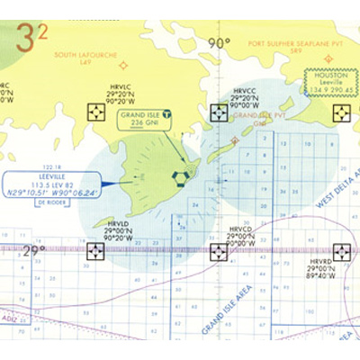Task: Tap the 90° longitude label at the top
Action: [219, 42]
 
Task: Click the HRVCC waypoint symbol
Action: [219, 112]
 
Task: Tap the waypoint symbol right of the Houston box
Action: [343, 112]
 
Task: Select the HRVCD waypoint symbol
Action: [219, 251]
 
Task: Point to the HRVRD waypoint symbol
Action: [343, 251]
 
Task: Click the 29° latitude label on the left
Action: [33, 251]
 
